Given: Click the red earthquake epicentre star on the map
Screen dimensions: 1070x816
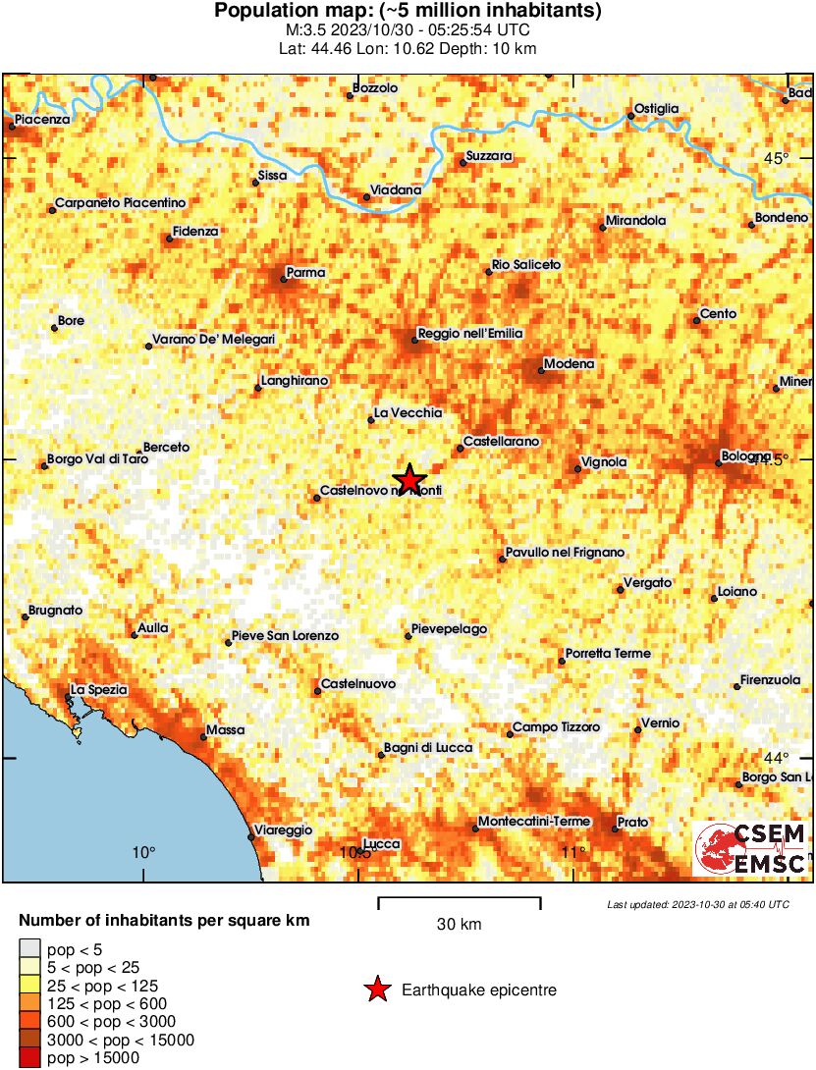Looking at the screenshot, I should click(409, 479).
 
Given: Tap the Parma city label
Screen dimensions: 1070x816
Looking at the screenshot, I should click(304, 272).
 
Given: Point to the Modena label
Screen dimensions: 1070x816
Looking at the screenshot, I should click(570, 364).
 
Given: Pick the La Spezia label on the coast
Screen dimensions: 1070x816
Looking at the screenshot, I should click(99, 690).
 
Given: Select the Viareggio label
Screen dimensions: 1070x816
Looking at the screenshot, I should click(283, 830).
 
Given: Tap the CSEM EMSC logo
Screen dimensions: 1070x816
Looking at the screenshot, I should click(749, 849).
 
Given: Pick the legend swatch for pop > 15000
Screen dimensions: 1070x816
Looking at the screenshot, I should click(30, 1058).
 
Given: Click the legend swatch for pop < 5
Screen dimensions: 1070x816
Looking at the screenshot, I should click(30, 949).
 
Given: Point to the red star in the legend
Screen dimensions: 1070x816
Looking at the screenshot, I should click(377, 990).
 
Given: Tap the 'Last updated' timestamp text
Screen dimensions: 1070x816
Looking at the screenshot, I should click(697, 904).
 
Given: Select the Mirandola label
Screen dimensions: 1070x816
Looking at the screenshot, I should click(635, 221).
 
